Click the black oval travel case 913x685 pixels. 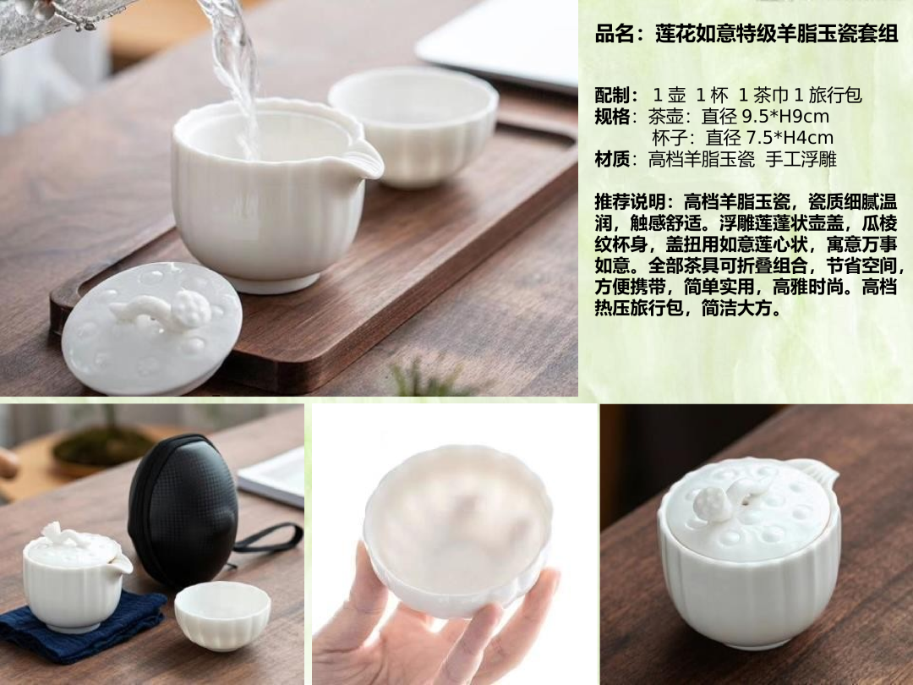[x=183, y=511]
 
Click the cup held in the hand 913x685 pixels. [x=457, y=530]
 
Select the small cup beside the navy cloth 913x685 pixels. [x=222, y=615]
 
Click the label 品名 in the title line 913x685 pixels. [x=615, y=33]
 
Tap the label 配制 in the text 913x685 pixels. [x=612, y=95]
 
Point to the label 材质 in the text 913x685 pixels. [x=612, y=159]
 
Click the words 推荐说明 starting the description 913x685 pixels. [x=630, y=202]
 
